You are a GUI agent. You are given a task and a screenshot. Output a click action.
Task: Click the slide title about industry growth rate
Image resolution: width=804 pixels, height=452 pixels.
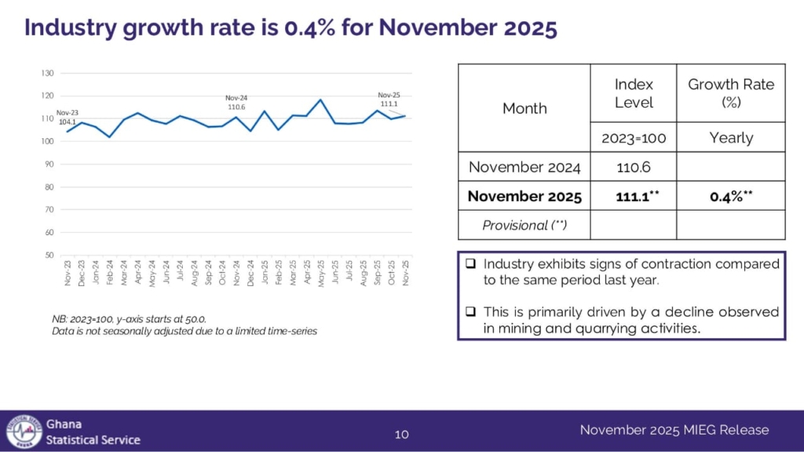pos(291,28)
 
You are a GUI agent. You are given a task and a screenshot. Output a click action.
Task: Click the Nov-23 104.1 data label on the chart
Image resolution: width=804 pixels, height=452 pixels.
pos(68,117)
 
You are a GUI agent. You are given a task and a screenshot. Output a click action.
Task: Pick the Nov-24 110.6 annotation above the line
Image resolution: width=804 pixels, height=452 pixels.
pos(236,102)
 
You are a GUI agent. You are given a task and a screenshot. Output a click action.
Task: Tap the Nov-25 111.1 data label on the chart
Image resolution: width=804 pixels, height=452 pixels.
pos(389,99)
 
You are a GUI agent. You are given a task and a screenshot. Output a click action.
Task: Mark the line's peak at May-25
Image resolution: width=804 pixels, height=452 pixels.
pos(320,100)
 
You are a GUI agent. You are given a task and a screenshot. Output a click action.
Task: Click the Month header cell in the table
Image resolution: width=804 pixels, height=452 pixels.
pos(524,108)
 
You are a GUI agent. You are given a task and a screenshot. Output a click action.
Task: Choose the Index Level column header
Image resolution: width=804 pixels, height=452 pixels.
pos(633,93)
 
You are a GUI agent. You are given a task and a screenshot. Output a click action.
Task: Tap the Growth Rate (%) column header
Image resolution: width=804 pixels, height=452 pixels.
pos(730,93)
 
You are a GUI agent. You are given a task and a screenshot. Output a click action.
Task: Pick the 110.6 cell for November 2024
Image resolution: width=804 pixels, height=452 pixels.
pos(633,167)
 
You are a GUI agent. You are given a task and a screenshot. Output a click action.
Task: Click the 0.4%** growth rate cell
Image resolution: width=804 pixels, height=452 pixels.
pos(730,196)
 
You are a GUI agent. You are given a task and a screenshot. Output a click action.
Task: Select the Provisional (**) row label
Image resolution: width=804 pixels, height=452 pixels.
pos(524,225)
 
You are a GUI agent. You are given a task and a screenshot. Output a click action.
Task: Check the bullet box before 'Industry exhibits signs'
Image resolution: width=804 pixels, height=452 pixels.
pos(470,264)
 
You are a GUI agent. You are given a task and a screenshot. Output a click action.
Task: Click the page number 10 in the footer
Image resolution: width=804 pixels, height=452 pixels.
pos(401,434)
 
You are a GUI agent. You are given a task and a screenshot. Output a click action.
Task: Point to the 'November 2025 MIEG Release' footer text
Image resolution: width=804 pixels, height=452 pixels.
pos(674,430)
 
